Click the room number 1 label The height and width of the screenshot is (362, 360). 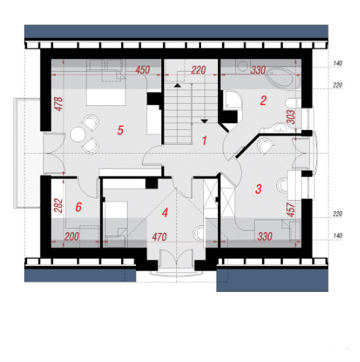point(205,141)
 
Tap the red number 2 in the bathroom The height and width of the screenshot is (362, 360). point(263,101)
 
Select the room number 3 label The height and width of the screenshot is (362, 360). point(258,189)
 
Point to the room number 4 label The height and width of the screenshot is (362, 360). point(165,213)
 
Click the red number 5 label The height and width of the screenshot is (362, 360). point(120,131)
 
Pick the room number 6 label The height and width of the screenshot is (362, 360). point(78,207)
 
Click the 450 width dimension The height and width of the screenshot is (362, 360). point(143,70)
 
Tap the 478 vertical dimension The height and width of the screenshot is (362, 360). point(59,104)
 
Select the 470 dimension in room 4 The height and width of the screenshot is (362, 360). point(159,237)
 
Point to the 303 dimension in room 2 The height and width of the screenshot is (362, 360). point(291,117)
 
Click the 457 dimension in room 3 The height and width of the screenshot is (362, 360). point(291,210)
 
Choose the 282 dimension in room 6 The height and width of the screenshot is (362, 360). point(58,205)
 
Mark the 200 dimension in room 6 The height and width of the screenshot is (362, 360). point(72,237)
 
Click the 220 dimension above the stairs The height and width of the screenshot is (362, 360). point(199,70)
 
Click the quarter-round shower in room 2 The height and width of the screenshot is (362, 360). point(232,99)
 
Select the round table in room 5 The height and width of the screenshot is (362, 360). point(78,134)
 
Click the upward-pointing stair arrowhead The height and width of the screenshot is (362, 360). point(177,86)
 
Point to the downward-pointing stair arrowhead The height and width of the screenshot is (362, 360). point(205,122)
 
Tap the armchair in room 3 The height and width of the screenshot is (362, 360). point(264,146)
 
